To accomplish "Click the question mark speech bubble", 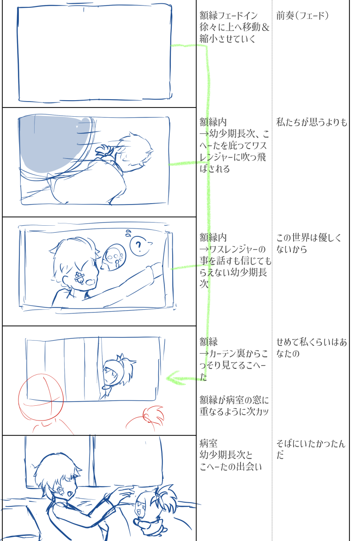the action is [139, 246].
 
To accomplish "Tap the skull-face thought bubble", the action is [114, 258].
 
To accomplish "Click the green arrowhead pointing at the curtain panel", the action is [176, 378].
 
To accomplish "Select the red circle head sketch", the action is [41, 397].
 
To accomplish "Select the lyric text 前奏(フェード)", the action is [302, 16].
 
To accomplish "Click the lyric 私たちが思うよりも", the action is [312, 122].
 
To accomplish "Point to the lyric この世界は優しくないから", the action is [309, 243].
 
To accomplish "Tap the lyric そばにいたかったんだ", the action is [311, 449].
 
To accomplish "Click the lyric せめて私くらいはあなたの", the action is [312, 348].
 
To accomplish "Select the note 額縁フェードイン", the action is [228, 16].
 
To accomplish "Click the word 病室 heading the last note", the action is [209, 443].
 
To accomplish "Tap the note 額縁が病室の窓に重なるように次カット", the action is [234, 406].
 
